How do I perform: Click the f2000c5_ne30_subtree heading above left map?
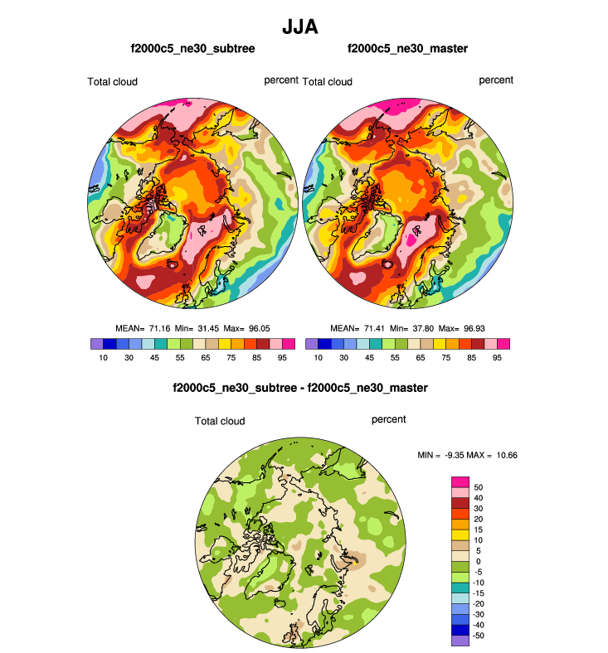tap(192, 49)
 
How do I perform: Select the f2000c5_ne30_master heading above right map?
tap(408, 49)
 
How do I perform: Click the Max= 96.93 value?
tap(463, 328)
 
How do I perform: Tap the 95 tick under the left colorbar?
tap(282, 357)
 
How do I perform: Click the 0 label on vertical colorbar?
tap(477, 561)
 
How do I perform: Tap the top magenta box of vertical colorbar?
tap(460, 481)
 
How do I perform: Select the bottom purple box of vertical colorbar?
tap(460, 641)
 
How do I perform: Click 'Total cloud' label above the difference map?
tap(220, 421)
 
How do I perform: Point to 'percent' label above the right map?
tap(496, 80)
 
